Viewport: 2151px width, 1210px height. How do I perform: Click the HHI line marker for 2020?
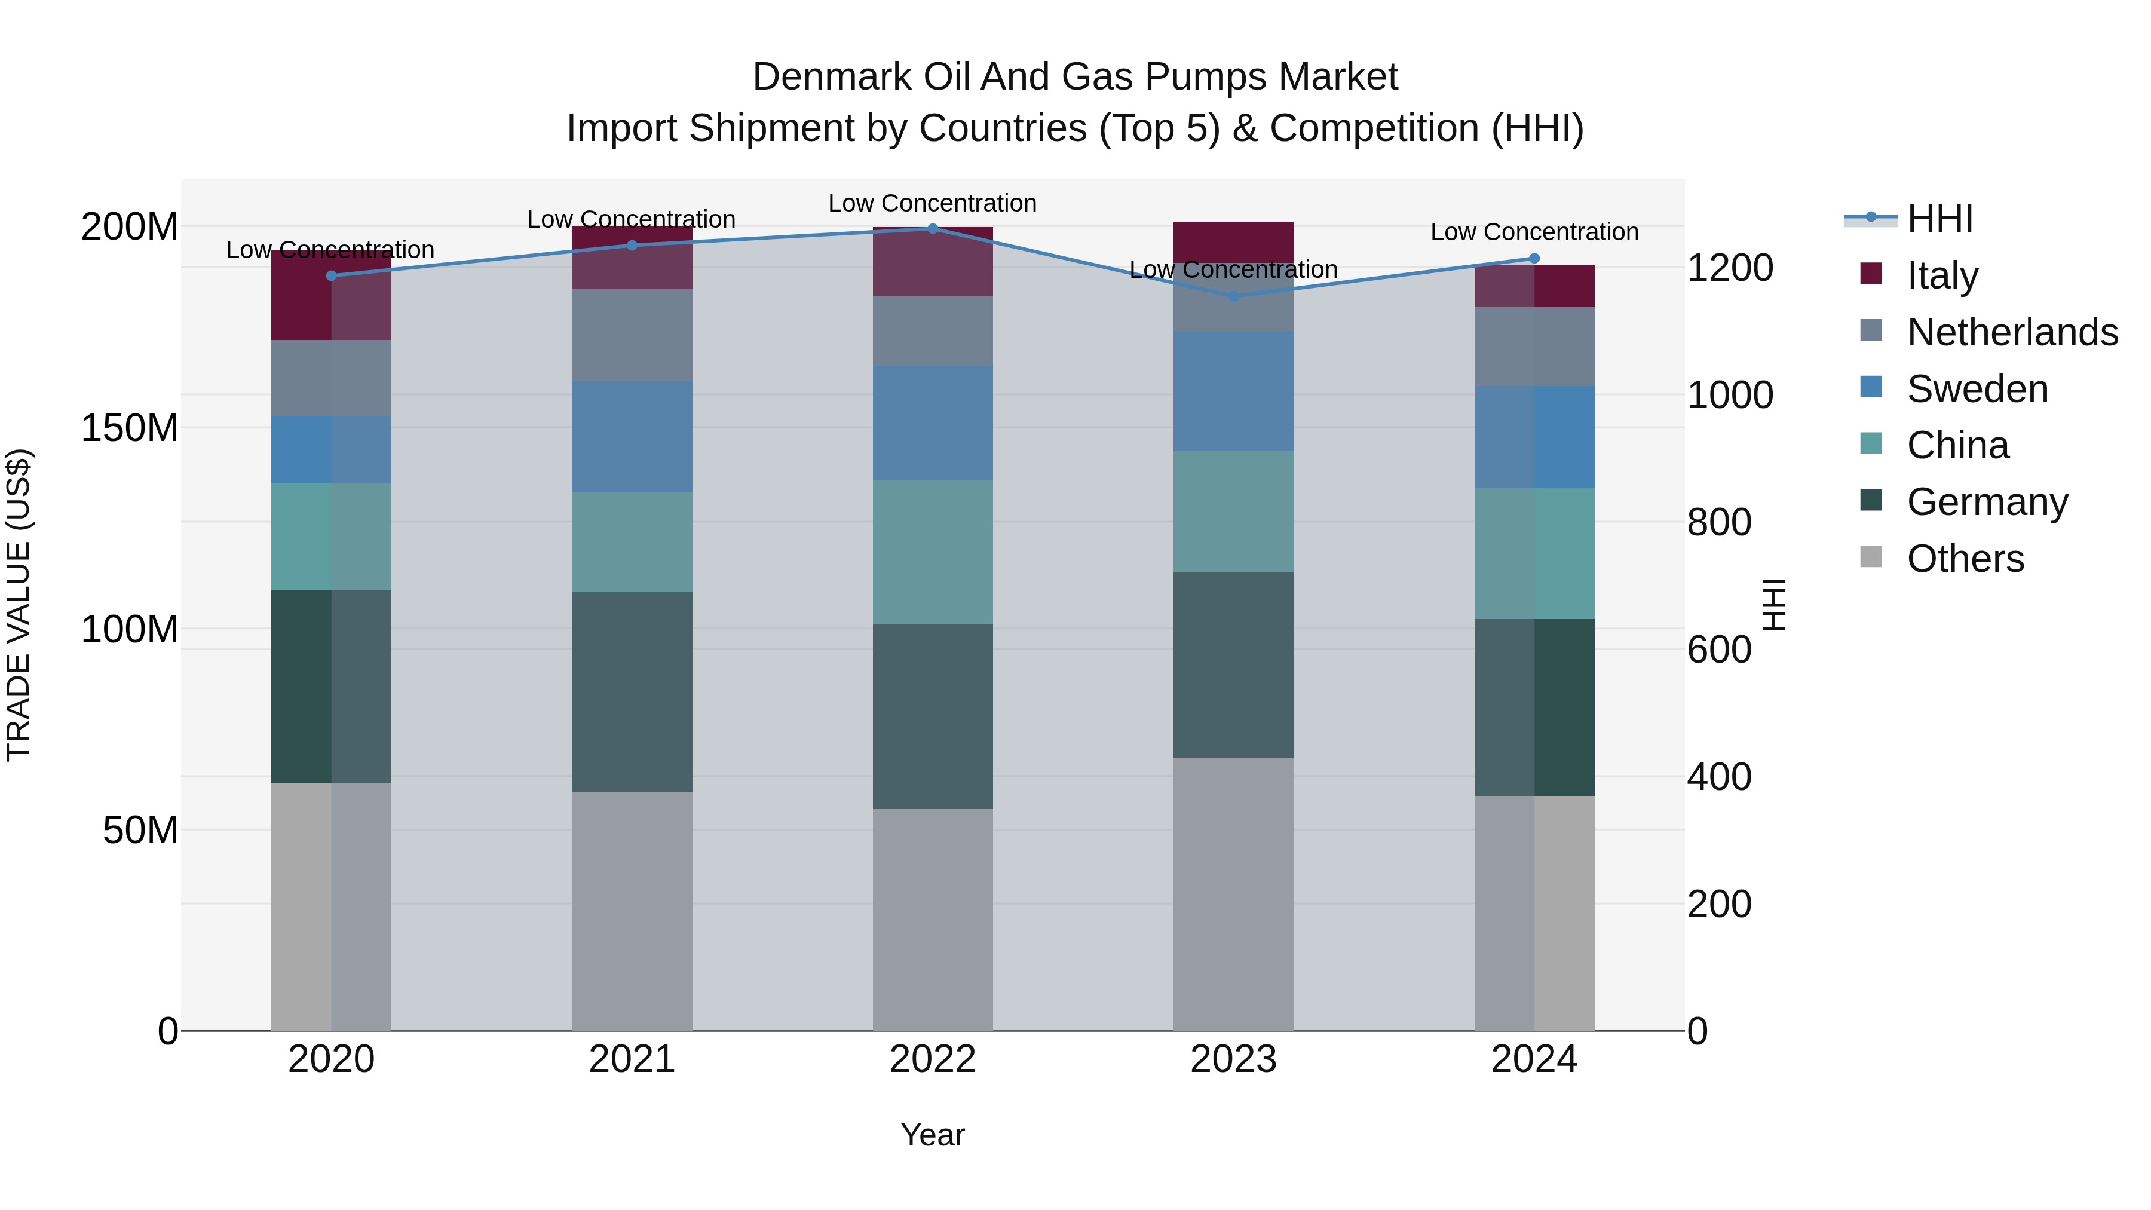(332, 275)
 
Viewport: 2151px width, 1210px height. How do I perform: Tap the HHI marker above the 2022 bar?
(933, 229)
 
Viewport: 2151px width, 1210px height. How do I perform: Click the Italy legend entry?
(1942, 275)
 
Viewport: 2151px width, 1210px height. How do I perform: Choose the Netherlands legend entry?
(2012, 332)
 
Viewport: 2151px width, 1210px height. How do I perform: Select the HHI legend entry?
(1939, 219)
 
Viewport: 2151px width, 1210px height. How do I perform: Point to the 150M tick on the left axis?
(130, 428)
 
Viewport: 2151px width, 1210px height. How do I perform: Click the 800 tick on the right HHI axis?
(1718, 523)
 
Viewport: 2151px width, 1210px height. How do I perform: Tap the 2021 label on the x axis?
(632, 1059)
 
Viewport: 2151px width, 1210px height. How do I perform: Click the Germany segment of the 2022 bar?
(933, 716)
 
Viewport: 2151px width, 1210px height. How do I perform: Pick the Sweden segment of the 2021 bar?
(632, 437)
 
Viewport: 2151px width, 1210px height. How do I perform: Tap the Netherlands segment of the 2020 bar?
(332, 378)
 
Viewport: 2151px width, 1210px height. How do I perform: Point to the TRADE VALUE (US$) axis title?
(19, 605)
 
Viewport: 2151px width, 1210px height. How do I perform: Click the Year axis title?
(933, 1135)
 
